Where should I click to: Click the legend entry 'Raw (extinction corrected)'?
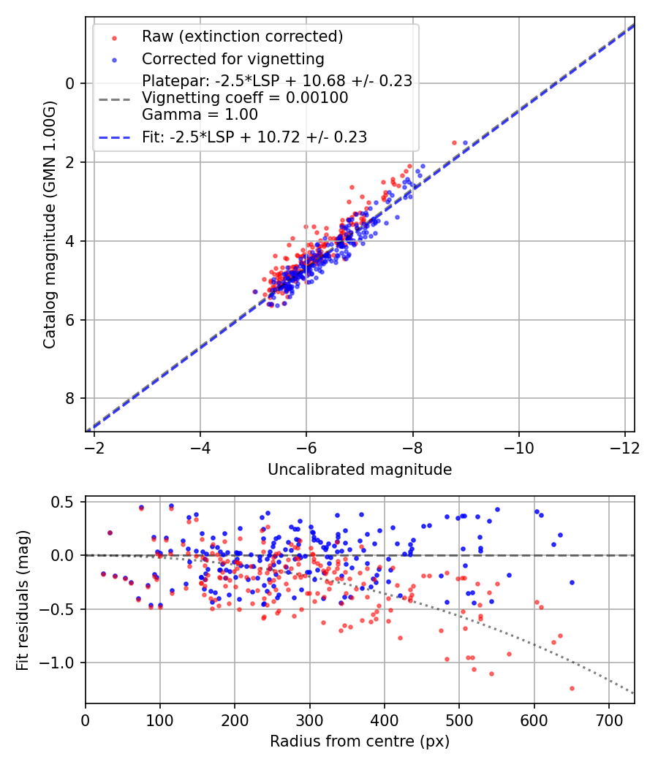[x=242, y=37]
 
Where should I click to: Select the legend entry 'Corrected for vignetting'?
[x=232, y=58]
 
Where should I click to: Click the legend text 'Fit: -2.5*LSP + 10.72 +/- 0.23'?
[x=254, y=137]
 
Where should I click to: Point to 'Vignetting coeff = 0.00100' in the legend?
[x=245, y=98]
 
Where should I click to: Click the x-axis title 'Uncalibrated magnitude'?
[x=360, y=470]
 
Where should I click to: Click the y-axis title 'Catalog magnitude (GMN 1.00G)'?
[x=50, y=235]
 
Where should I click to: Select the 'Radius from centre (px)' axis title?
[x=360, y=741]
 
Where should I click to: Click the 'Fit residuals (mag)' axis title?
[x=23, y=600]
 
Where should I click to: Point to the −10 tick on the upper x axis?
[x=518, y=446]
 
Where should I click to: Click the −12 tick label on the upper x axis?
[x=624, y=446]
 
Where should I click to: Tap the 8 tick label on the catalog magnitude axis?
[x=71, y=399]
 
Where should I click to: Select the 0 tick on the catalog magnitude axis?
[x=71, y=83]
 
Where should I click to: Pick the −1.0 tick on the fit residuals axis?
[x=64, y=663]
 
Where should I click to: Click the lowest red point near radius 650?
[x=572, y=688]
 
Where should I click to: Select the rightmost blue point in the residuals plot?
[x=572, y=582]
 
